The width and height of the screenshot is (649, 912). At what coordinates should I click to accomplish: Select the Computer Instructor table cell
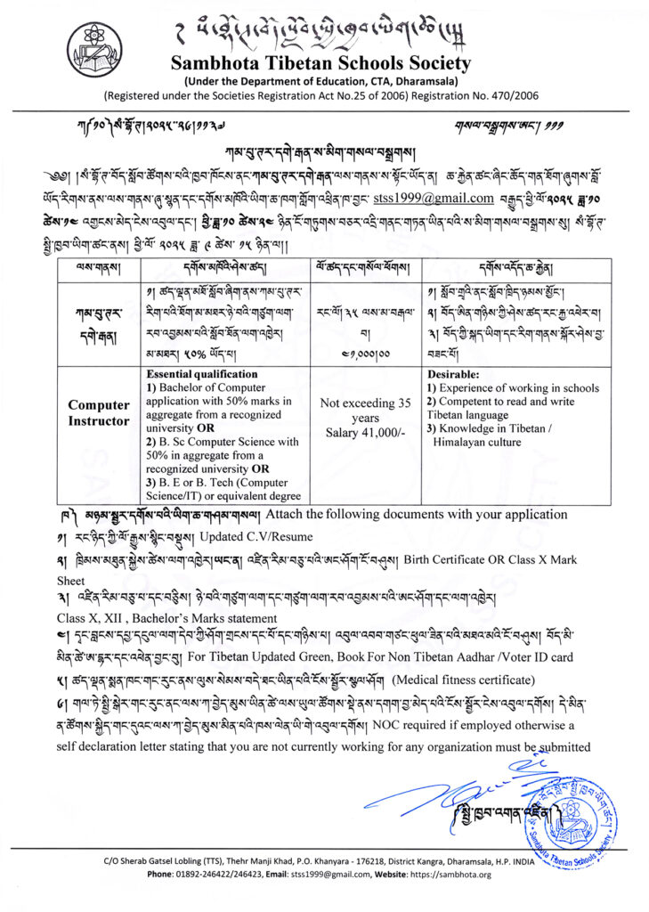(x=99, y=412)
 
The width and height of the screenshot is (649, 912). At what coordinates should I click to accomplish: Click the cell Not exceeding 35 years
(x=366, y=410)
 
